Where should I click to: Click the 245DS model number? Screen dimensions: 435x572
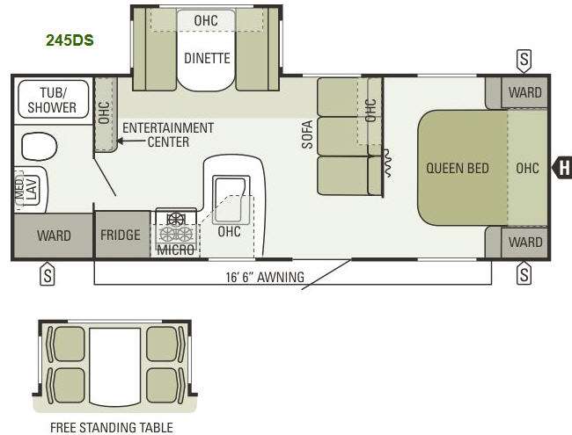70,40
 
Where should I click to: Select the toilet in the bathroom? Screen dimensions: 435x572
38,145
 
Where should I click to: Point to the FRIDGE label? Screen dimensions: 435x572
121,236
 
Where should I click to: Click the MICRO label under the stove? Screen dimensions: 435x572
174,250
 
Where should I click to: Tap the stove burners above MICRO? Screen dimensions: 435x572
174,226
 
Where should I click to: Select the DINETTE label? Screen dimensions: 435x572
207,59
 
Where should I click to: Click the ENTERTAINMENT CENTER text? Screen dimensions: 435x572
167,134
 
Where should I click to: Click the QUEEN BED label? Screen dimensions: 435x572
458,168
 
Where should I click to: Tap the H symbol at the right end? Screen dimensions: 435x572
564,167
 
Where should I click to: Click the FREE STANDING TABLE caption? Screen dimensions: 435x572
110,428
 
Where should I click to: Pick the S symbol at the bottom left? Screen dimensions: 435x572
48,275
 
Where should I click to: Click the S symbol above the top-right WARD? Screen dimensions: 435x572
524,60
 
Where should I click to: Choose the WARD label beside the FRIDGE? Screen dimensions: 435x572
54,236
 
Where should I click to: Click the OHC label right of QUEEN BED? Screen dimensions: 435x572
528,168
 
